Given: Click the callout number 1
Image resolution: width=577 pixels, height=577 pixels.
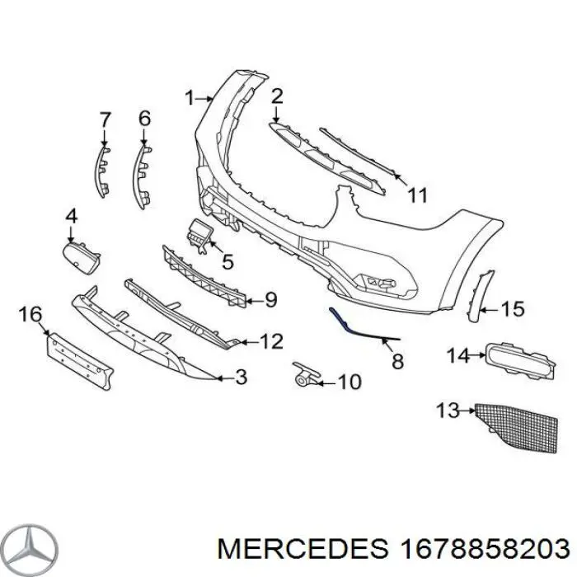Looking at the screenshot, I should (x=189, y=98).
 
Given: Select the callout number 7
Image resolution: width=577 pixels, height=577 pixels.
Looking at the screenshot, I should (x=105, y=120).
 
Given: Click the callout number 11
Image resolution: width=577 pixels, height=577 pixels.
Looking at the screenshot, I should (x=418, y=195).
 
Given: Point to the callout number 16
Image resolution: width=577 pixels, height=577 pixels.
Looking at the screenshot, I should (x=30, y=314).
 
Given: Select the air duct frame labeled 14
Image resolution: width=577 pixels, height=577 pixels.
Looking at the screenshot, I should (x=517, y=360).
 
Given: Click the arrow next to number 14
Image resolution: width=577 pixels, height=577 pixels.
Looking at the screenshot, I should (x=478, y=356).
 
